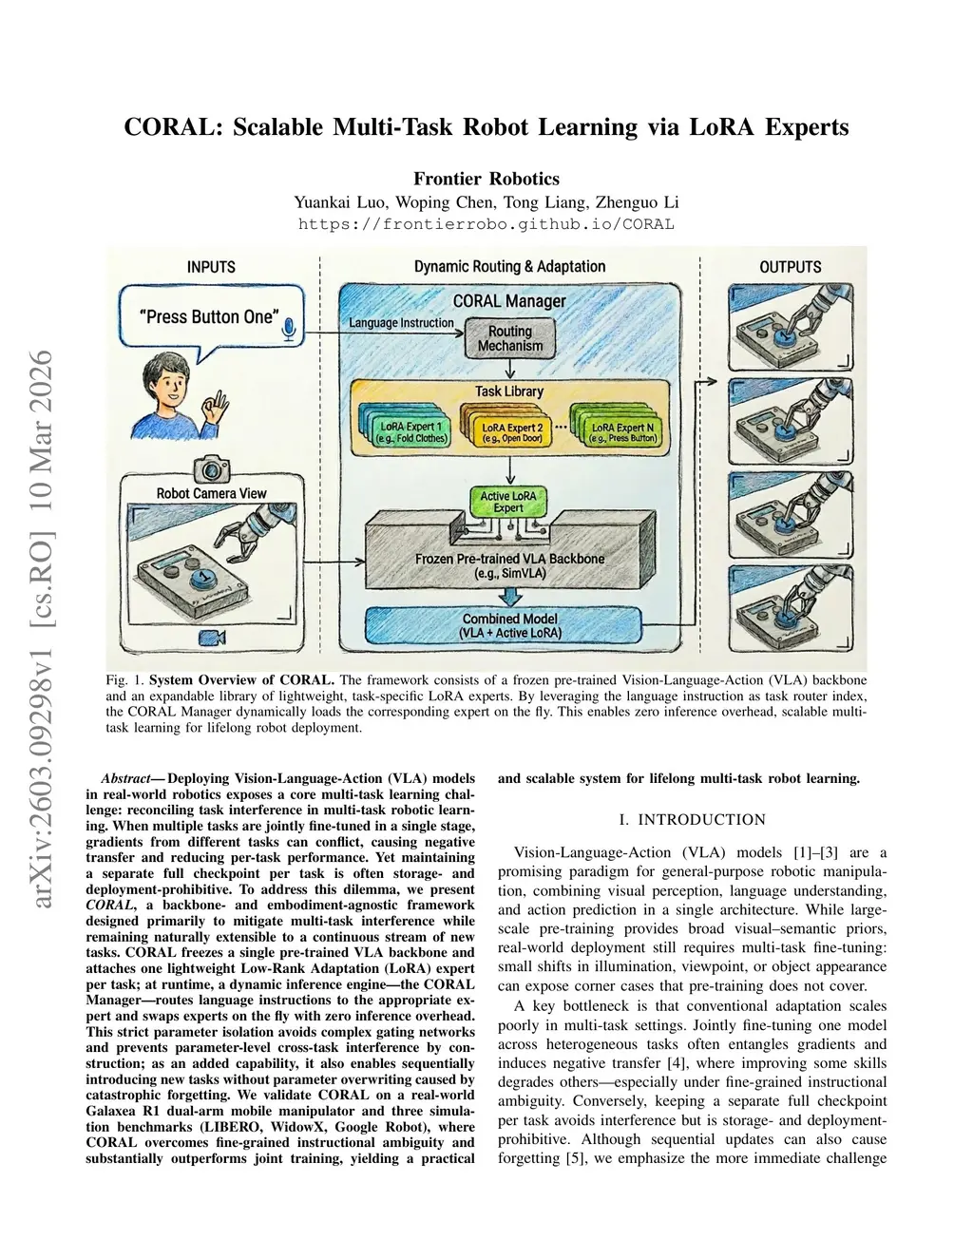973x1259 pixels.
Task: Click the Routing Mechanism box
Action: pyautogui.click(x=509, y=338)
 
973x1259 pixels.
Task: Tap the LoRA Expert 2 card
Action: pyautogui.click(x=510, y=433)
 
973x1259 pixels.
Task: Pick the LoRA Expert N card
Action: pyautogui.click(x=621, y=433)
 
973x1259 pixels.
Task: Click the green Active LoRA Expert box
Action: pyautogui.click(x=508, y=502)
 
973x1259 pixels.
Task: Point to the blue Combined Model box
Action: pyautogui.click(x=509, y=625)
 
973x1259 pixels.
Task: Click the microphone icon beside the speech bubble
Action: pyautogui.click(x=290, y=330)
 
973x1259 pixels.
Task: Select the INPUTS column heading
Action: pyautogui.click(x=211, y=267)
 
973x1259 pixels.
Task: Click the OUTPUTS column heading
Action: pyautogui.click(x=790, y=267)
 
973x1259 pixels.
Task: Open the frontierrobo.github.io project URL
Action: pyautogui.click(x=486, y=224)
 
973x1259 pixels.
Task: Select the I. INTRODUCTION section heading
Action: pyautogui.click(x=692, y=819)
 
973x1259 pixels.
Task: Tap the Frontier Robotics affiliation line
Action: pyautogui.click(x=486, y=179)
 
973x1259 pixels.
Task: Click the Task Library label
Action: pyautogui.click(x=509, y=391)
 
